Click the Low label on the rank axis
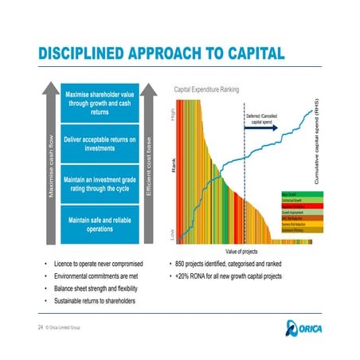pyautogui.click(x=173, y=235)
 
